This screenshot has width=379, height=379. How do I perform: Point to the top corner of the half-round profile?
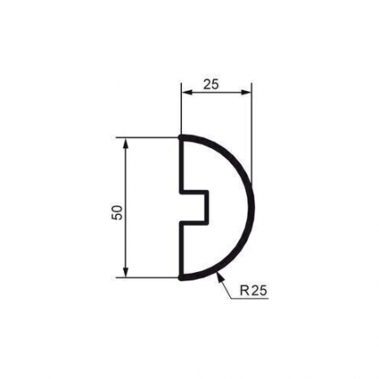(x=182, y=137)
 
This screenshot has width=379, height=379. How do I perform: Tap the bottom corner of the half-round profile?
(x=182, y=275)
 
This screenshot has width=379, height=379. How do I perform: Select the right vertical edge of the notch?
(x=207, y=206)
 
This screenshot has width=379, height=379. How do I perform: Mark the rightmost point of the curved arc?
(x=251, y=206)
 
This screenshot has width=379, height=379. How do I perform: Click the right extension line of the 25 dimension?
(x=251, y=126)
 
